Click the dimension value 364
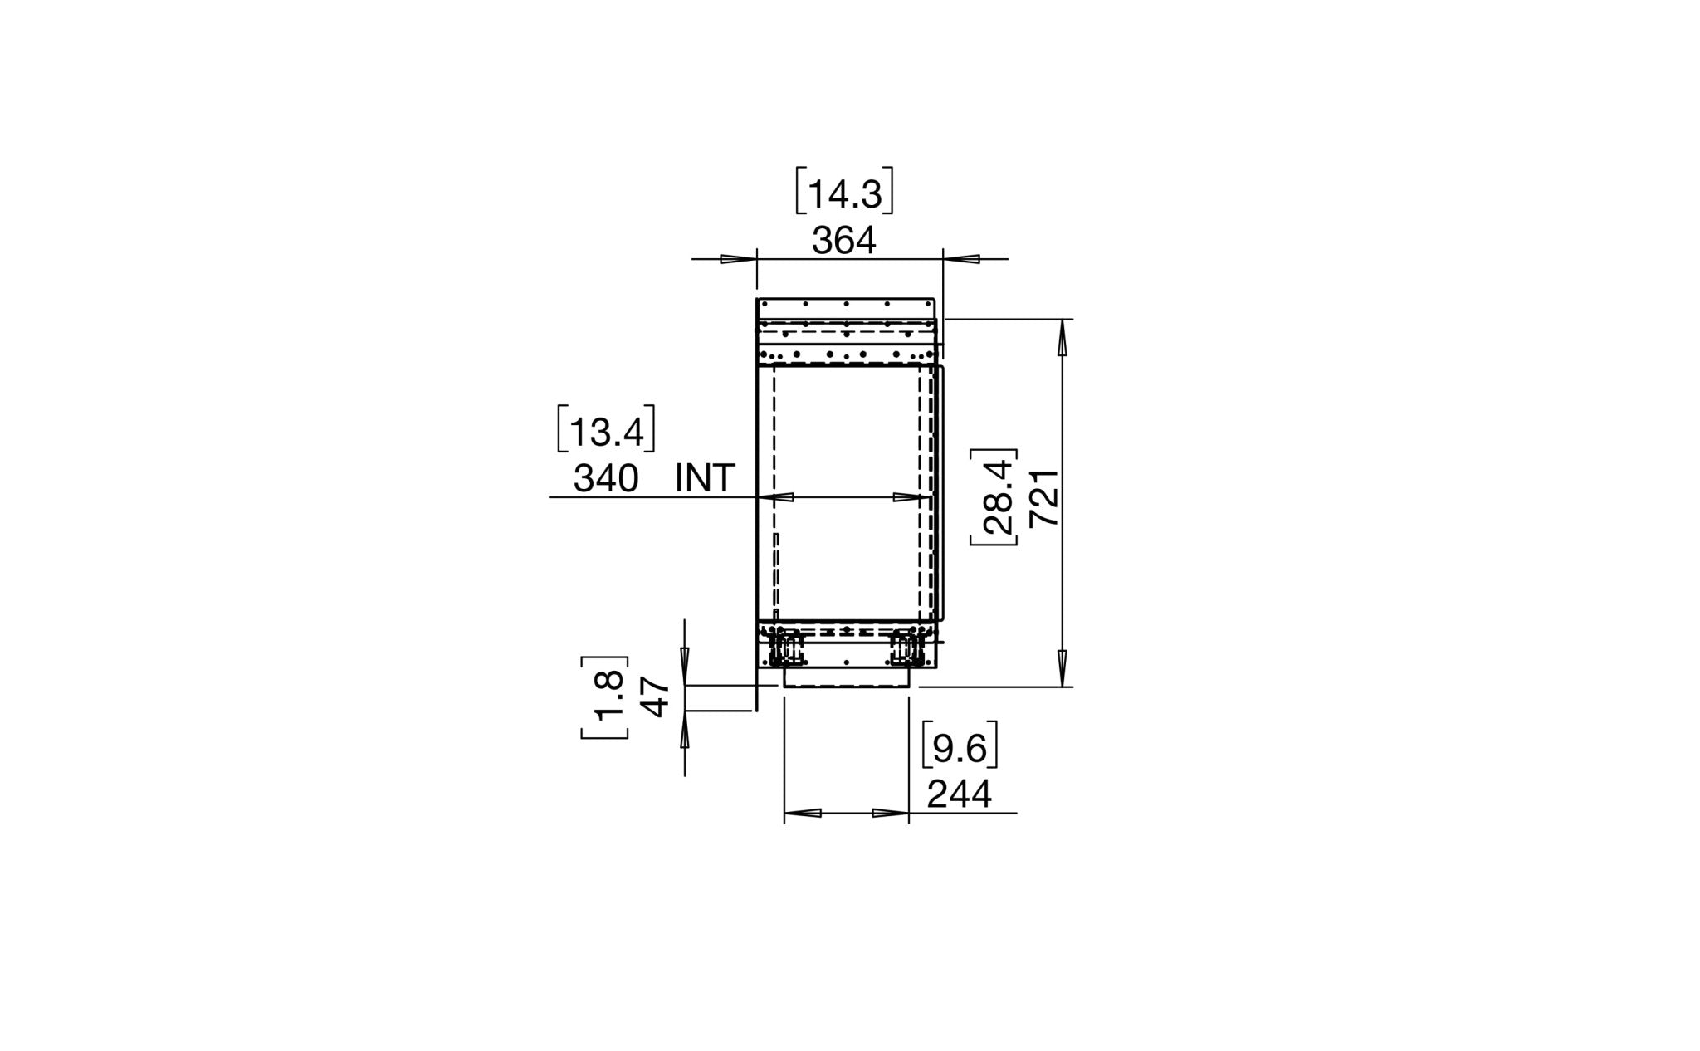pos(843,242)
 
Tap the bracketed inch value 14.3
pos(843,193)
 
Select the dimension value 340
pos(606,479)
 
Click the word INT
pos(706,479)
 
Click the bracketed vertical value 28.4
pos(994,496)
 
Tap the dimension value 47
pos(657,697)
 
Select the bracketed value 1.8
pos(605,697)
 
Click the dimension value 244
pos(959,795)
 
